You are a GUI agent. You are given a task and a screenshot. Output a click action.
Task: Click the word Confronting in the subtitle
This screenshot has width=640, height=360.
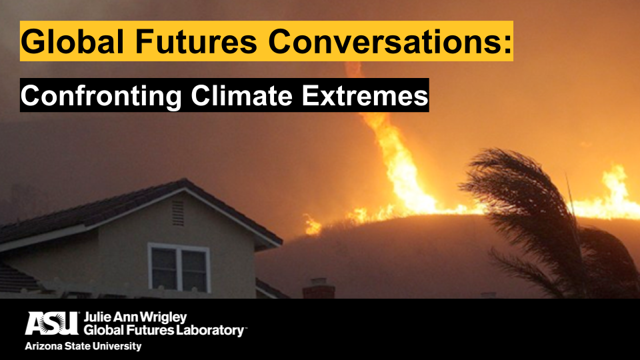[101, 96]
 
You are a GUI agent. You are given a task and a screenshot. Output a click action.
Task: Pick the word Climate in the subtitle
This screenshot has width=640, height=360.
[241, 95]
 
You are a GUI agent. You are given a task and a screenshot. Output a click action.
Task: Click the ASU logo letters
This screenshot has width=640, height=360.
[52, 323]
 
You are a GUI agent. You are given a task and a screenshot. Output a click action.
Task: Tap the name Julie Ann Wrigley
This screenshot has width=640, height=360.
[135, 317]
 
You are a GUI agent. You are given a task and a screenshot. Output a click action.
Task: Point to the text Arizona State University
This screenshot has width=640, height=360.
[83, 346]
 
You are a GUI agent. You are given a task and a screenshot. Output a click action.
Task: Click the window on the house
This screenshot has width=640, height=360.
[179, 267]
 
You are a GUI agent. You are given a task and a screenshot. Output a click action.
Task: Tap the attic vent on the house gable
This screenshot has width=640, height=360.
[178, 212]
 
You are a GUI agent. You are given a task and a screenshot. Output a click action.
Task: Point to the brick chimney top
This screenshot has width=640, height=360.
[319, 288]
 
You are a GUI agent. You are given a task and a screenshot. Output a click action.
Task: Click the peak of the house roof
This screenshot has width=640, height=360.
[185, 180]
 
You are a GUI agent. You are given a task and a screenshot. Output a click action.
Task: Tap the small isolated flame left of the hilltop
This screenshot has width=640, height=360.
[313, 225]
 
